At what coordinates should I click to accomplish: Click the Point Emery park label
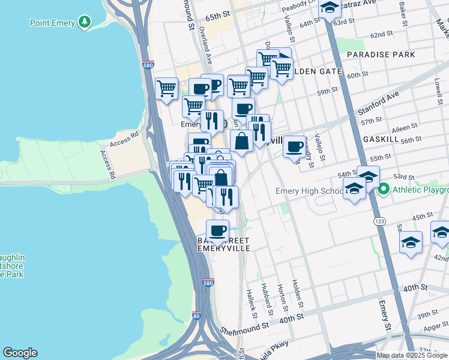coord(52,23)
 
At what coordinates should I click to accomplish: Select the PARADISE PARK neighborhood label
coord(381,55)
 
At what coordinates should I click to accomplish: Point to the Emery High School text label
coord(309,191)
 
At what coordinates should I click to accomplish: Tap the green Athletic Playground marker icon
coord(384,190)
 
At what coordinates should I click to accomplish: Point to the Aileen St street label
coord(406,128)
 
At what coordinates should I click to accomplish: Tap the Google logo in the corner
coord(20,353)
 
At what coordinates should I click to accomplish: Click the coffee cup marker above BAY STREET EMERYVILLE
coord(217,230)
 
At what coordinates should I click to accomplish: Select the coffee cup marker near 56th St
coord(294,146)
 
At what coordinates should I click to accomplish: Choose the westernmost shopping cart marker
coord(166,89)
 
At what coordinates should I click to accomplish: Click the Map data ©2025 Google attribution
coord(412,355)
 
